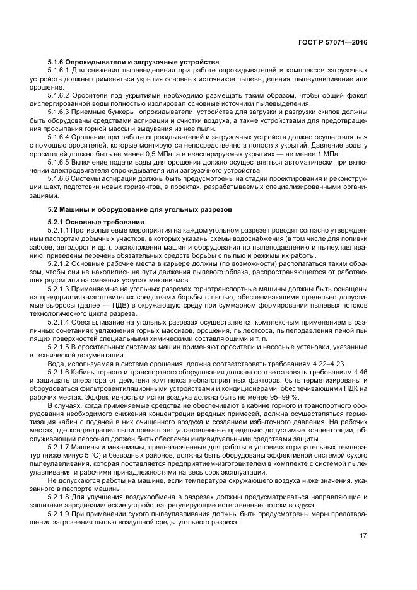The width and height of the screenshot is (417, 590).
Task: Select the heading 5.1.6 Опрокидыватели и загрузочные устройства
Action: click(133, 62)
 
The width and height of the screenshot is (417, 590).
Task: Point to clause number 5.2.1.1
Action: click(61, 231)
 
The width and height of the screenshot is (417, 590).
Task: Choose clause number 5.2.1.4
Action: click(61, 322)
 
